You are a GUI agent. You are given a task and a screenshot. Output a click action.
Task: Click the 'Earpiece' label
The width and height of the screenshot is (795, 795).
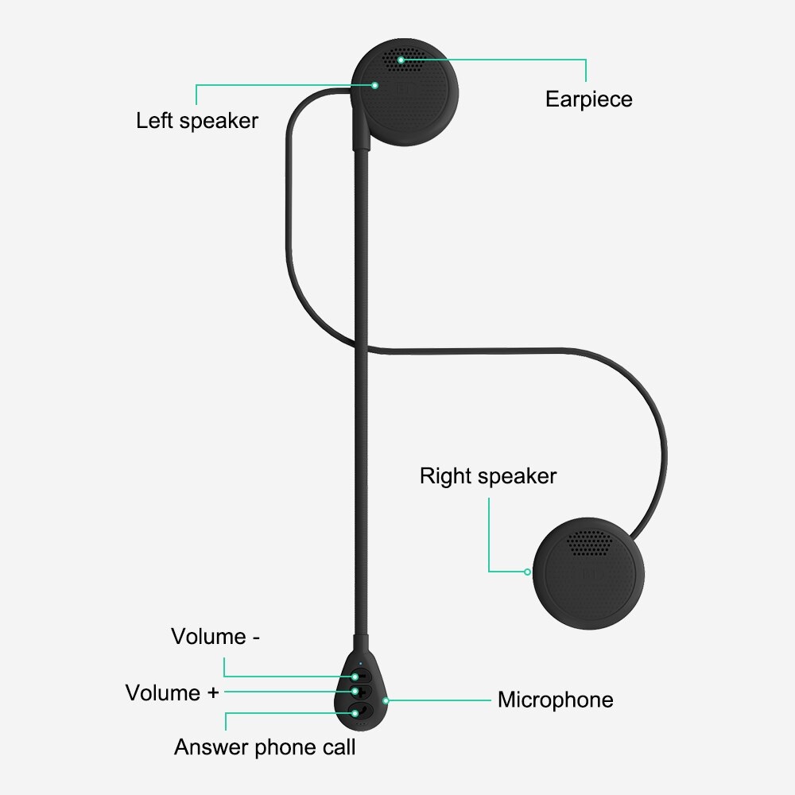(x=588, y=99)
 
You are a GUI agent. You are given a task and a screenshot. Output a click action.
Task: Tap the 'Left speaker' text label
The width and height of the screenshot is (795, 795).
(x=197, y=121)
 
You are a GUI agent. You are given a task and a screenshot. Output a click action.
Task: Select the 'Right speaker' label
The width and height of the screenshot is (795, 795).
(x=488, y=476)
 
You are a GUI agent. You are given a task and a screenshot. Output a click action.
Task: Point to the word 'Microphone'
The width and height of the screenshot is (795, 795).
(x=555, y=700)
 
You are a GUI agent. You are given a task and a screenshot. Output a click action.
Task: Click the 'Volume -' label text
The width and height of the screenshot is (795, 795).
(x=215, y=637)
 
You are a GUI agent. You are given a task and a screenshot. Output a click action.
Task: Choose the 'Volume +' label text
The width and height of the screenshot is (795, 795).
(x=172, y=692)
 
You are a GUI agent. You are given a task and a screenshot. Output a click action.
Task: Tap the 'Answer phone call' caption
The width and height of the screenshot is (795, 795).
(x=265, y=747)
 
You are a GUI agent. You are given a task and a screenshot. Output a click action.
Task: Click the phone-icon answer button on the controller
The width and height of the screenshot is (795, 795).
(x=359, y=710)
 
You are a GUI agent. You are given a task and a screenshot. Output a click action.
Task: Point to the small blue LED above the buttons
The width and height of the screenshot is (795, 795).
(x=360, y=664)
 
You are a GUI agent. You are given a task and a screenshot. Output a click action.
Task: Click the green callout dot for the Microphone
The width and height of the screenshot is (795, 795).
(x=386, y=700)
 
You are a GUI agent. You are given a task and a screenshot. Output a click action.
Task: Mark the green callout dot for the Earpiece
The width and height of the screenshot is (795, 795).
(x=401, y=60)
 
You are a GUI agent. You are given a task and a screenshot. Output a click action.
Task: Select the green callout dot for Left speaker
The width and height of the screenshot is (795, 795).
(x=375, y=84)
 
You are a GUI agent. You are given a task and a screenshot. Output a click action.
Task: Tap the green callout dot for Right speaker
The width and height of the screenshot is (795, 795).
(x=527, y=571)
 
